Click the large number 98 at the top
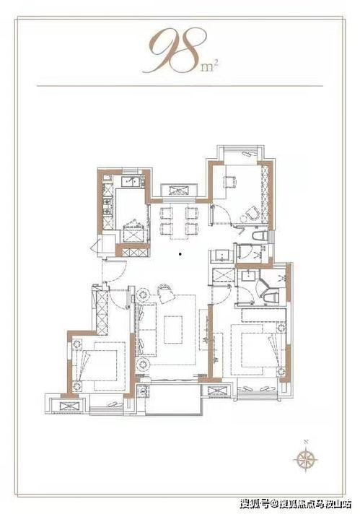tap(176, 50)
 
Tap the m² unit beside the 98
tap(210, 66)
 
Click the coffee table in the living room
tap(173, 329)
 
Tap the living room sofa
tap(146, 329)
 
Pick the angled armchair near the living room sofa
tap(167, 293)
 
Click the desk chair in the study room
tap(229, 181)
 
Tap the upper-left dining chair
tap(167, 213)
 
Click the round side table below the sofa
tap(143, 364)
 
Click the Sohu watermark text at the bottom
tap(296, 503)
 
